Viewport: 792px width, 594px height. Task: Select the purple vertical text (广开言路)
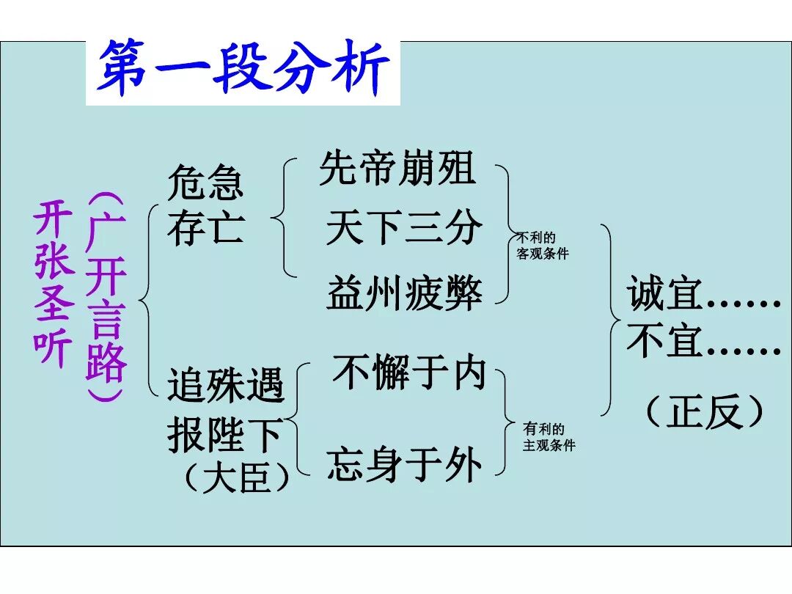pos(106,298)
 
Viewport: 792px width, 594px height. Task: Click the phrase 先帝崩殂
pos(397,169)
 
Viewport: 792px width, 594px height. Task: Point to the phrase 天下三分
pos(404,228)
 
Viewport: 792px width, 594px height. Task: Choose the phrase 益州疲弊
pos(404,293)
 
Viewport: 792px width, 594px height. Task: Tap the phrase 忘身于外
pos(404,465)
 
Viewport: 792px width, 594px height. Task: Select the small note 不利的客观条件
pos(542,246)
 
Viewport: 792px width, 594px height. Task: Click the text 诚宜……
pos(703,296)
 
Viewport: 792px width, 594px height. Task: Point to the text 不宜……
pos(703,342)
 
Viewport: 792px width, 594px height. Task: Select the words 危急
pos(205,183)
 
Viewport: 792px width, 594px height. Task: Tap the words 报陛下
pos(224,436)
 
